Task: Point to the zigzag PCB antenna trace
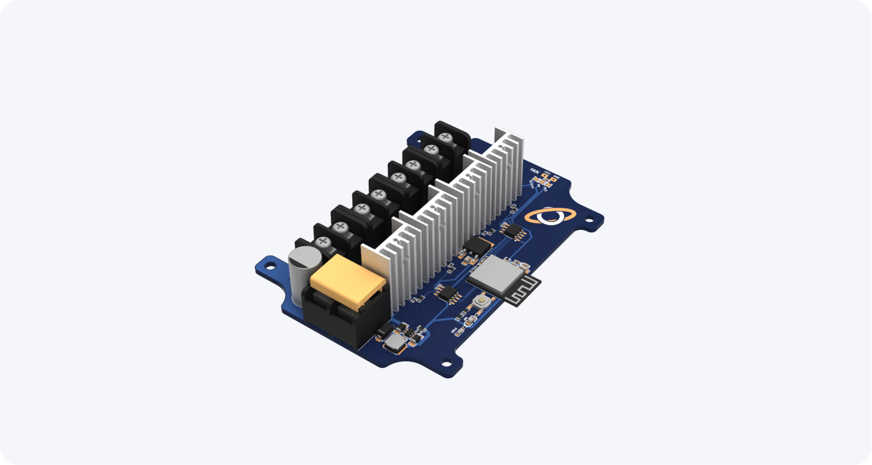521,291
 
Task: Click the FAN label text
534,172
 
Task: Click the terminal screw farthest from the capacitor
446,137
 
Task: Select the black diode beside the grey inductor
385,328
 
